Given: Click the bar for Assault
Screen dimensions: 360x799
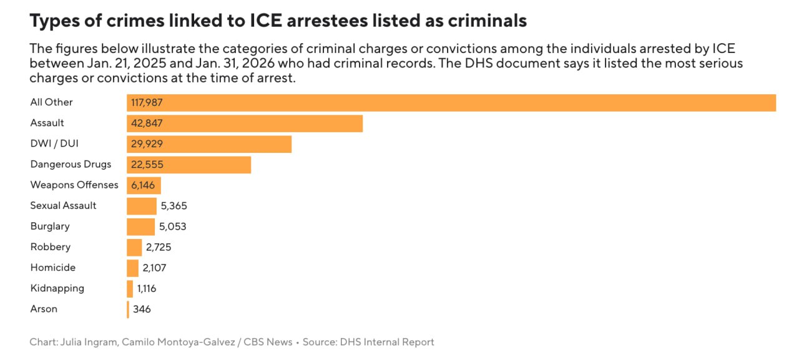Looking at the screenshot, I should tap(244, 124).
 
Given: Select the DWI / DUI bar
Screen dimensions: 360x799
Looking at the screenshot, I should tap(208, 144).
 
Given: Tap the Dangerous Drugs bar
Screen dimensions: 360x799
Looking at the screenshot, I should tap(189, 165).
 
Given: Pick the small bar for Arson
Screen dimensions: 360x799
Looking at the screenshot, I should tap(128, 309).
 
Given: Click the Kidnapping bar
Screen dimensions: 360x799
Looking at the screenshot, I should tap(130, 289).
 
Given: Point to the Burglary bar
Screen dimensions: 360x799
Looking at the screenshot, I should tap(140, 226).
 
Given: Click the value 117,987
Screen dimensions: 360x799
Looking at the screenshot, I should tap(147, 103).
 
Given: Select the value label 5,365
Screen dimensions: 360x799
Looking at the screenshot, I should tap(174, 206).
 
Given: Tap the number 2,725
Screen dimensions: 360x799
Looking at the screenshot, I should tap(159, 247).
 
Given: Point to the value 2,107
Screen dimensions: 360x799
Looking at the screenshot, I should tap(154, 268).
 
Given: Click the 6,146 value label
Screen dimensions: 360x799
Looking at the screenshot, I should tap(143, 185).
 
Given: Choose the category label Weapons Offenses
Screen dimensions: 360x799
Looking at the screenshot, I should tap(74, 185).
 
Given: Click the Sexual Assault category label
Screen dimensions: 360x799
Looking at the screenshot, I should tap(63, 205).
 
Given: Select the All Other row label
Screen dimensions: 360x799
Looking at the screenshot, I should tap(51, 102).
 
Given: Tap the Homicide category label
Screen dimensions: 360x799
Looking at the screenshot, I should tap(53, 268).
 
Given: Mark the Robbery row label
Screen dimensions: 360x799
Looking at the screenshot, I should tap(51, 247).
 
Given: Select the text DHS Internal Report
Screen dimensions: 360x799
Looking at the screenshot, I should tap(386, 342).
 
